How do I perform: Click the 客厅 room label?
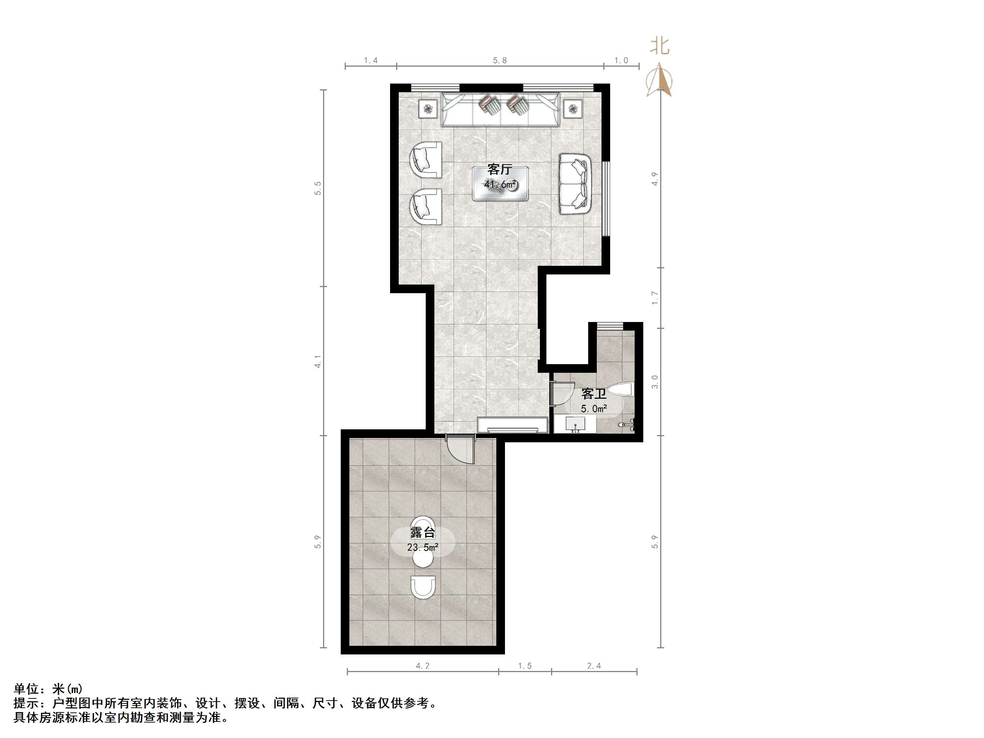click(x=500, y=170)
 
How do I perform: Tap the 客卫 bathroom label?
click(x=594, y=394)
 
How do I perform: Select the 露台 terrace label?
click(x=422, y=532)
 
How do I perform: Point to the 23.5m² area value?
click(x=422, y=547)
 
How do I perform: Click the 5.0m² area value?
click(x=594, y=408)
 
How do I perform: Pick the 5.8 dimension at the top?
click(x=500, y=61)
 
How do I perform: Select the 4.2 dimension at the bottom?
click(x=422, y=666)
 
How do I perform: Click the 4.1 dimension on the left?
click(x=318, y=361)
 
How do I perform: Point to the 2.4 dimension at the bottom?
click(x=594, y=666)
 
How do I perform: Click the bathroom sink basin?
click(x=575, y=424)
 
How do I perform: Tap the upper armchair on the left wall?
click(x=426, y=160)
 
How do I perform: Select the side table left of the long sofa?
click(x=428, y=108)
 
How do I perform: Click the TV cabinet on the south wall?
click(x=512, y=425)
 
